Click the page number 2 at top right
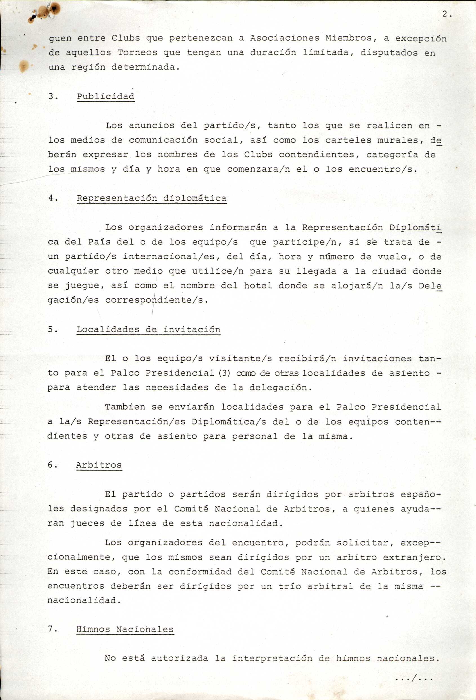(x=444, y=14)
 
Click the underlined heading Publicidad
(x=105, y=96)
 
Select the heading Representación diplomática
(x=152, y=198)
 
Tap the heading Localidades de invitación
(x=148, y=329)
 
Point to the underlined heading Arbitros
(x=99, y=465)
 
